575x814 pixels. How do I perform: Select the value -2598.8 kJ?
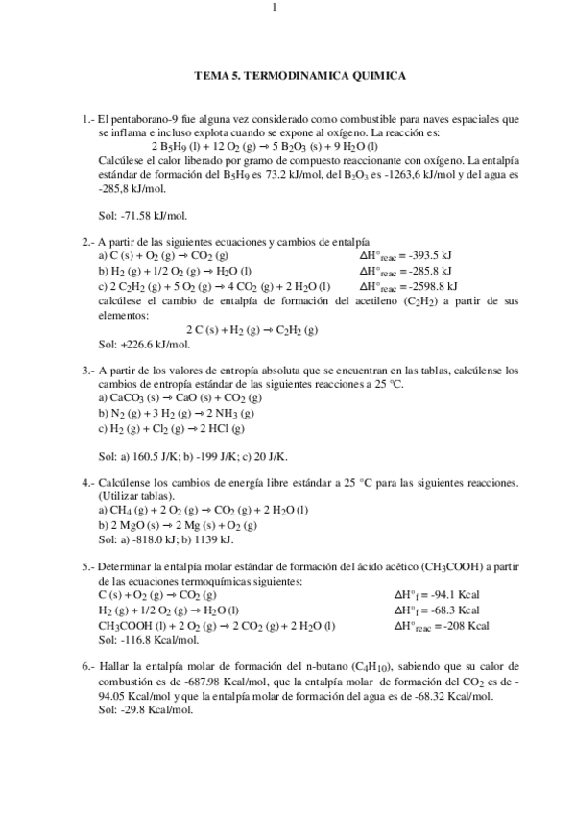(x=429, y=285)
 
